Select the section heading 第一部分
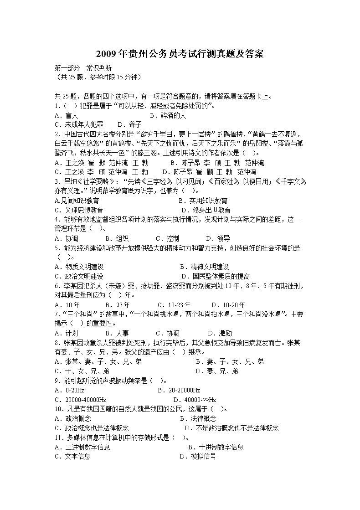[67, 68]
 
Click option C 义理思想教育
[78, 210]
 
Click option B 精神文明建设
[204, 267]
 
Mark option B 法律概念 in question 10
[198, 418]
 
